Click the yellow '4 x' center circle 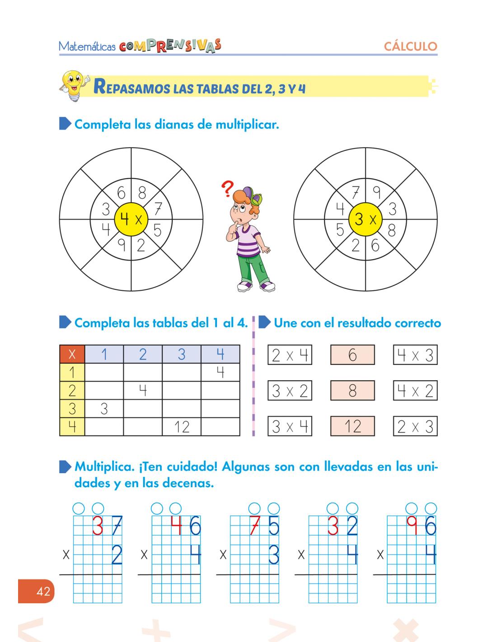[131, 219]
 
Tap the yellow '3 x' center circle [366, 219]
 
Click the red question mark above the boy [228, 189]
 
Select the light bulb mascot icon [74, 84]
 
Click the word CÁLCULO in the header [410, 47]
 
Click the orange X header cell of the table [72, 354]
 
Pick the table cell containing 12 [181, 427]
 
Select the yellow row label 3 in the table [72, 409]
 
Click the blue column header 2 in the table [143, 354]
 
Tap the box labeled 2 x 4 [290, 355]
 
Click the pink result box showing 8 [352, 391]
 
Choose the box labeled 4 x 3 [415, 355]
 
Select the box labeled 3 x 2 [290, 391]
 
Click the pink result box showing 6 [352, 355]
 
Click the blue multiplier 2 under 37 [116, 555]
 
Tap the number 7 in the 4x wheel [158, 209]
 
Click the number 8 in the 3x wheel [391, 230]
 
